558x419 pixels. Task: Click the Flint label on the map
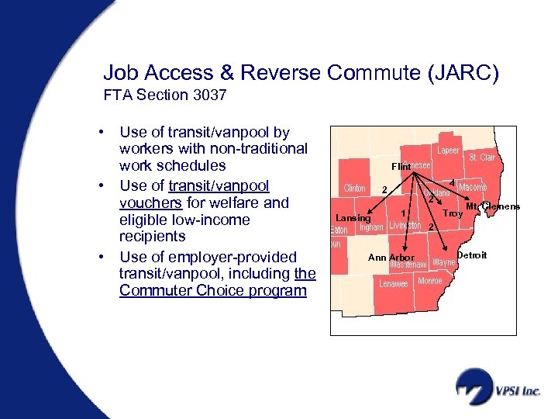[401, 167]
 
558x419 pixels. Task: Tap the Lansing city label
[353, 218]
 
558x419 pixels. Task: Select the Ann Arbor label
[391, 258]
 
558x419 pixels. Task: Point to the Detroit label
[472, 255]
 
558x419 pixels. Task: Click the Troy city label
[453, 213]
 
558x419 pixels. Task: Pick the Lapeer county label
[449, 151]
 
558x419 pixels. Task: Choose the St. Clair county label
[481, 158]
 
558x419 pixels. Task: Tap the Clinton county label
[354, 188]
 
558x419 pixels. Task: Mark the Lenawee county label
[394, 284]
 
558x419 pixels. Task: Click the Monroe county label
[430, 280]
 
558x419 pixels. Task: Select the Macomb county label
[473, 188]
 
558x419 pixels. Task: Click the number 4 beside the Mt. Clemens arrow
[452, 182]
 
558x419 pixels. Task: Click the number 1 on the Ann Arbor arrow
[403, 213]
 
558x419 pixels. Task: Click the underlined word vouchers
[150, 203]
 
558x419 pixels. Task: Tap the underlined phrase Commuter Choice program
[213, 290]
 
